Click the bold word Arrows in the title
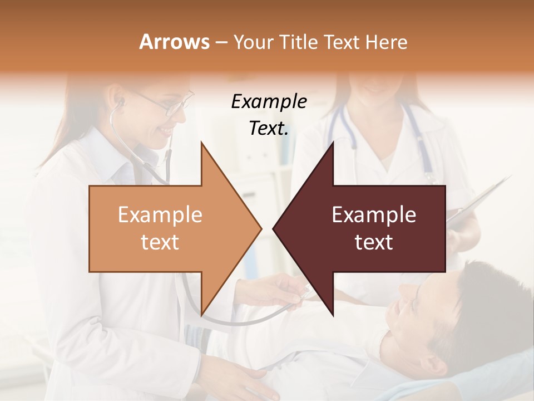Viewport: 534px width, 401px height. pyautogui.click(x=174, y=42)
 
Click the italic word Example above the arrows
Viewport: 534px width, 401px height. pyautogui.click(x=269, y=102)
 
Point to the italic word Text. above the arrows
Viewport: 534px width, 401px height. pyautogui.click(x=269, y=129)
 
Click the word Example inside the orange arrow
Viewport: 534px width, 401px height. pyautogui.click(x=160, y=215)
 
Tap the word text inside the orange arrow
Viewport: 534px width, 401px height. pyautogui.click(x=160, y=242)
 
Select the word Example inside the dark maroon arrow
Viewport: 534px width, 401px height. pyautogui.click(x=374, y=215)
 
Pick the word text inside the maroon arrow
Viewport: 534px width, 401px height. pyautogui.click(x=374, y=242)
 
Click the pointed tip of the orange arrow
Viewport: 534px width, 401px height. pyautogui.click(x=261, y=228)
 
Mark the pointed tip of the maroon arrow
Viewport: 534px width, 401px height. pyautogui.click(x=274, y=228)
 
